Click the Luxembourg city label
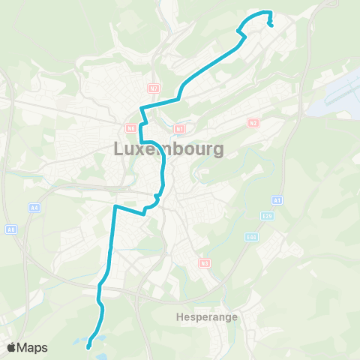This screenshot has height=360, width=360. point(168,149)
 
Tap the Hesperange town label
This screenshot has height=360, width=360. point(208,316)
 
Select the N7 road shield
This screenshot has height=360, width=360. point(153,88)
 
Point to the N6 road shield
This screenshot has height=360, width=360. point(130,128)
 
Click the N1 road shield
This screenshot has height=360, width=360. point(178,128)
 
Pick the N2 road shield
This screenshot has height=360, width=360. point(253,122)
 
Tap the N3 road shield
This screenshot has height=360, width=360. point(204,262)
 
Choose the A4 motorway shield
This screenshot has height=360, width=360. point(34,207)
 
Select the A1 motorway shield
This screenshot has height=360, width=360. point(277,200)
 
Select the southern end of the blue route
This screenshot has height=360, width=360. point(88,346)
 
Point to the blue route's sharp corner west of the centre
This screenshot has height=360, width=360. point(115,205)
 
